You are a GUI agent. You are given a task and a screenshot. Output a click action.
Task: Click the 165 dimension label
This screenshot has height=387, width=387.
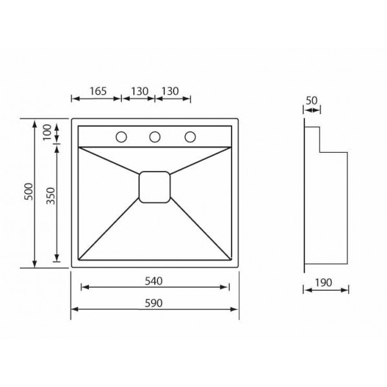click(98, 91)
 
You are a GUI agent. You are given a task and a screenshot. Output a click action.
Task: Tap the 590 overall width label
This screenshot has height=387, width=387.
click(154, 303)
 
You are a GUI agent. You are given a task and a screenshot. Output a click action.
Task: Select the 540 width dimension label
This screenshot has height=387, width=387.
click(154, 281)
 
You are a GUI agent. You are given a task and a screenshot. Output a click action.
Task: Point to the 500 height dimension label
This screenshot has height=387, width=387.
click(28, 192)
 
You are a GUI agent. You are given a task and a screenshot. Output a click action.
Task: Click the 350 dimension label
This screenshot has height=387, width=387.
click(51, 196)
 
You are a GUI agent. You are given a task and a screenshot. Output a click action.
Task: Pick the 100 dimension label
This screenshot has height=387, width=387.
click(47, 132)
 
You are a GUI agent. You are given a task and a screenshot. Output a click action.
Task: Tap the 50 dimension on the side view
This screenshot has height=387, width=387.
click(312, 101)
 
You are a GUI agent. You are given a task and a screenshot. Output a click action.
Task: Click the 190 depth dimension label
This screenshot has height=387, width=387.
click(323, 283)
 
